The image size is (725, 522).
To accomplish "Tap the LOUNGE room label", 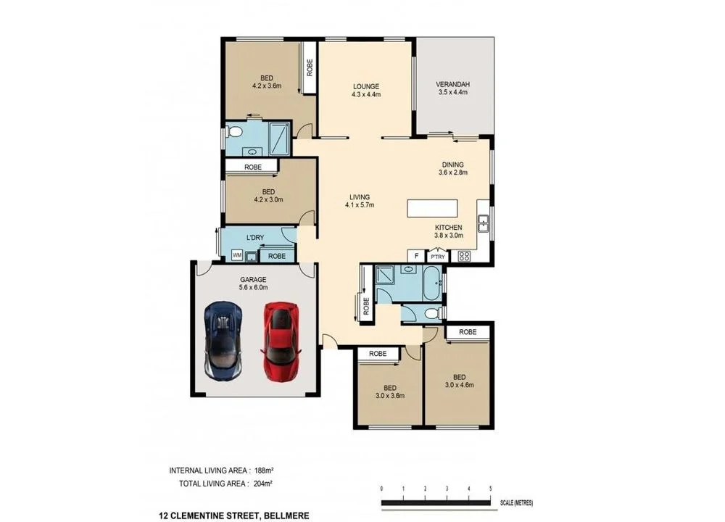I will click(365, 91).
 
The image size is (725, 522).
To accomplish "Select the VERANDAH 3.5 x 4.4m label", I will click(454, 88).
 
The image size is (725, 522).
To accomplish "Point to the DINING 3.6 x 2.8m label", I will click(452, 168).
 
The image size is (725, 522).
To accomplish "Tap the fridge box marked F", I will click(416, 256).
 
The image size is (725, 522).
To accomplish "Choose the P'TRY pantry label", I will click(437, 257).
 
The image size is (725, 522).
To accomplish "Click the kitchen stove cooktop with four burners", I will click(463, 255).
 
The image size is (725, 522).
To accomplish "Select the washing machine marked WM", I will click(236, 255).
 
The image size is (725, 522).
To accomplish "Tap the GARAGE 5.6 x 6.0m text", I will click(253, 283).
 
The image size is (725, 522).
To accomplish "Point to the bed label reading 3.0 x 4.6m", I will click(459, 381).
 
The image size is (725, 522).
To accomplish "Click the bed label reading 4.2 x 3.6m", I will click(267, 82).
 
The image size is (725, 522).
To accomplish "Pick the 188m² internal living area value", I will click(263, 469).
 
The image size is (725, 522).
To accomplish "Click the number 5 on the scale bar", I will click(491, 488).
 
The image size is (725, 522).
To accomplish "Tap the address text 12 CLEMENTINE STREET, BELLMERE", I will click(234, 515).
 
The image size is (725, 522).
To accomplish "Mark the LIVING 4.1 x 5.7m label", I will click(360, 201).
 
